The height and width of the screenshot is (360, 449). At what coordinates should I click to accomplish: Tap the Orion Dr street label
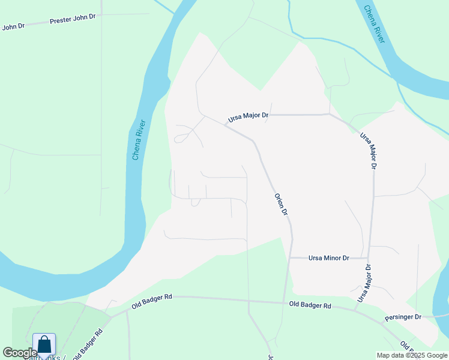pyautogui.click(x=282, y=205)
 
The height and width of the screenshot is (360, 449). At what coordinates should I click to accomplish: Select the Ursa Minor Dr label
pyautogui.click(x=328, y=258)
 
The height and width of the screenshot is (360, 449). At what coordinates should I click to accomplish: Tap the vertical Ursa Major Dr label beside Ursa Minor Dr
pyautogui.click(x=364, y=283)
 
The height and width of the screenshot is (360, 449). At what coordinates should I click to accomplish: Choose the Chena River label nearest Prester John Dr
pyautogui.click(x=139, y=140)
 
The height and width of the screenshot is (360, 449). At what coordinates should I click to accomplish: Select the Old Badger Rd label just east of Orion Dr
pyautogui.click(x=310, y=305)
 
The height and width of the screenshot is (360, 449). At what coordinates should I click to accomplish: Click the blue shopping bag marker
pyautogui.click(x=44, y=345)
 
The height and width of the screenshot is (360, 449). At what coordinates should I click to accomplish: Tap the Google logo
pyautogui.click(x=19, y=353)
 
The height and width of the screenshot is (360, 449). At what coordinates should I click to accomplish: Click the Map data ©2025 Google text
pyautogui.click(x=411, y=355)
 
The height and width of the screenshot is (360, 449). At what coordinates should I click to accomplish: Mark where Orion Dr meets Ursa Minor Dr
pyautogui.click(x=291, y=258)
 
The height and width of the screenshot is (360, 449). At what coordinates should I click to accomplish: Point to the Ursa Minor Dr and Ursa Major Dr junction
pyautogui.click(x=369, y=258)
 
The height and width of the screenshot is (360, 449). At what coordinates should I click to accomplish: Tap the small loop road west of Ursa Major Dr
pyautogui.click(x=180, y=139)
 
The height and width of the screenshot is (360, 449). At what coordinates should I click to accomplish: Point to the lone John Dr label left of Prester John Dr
pyautogui.click(x=13, y=26)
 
